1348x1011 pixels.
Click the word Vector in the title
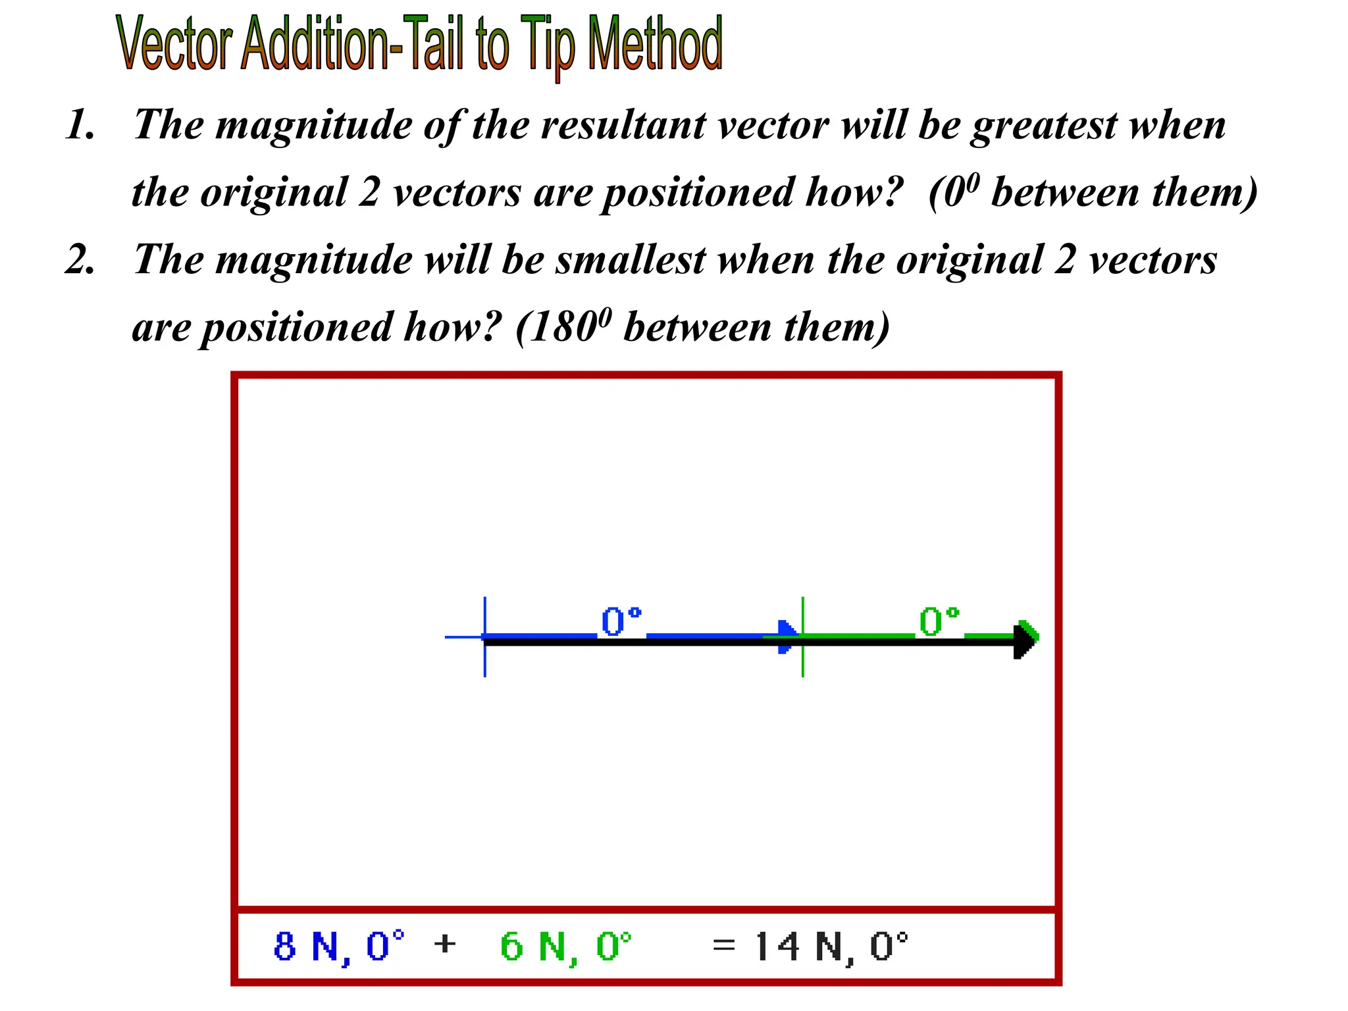pyautogui.click(x=175, y=45)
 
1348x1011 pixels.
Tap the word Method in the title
pyautogui.click(x=654, y=45)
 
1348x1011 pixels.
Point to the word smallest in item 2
pyautogui.click(x=631, y=259)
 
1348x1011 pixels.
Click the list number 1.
pyautogui.click(x=80, y=124)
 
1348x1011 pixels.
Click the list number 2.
pyautogui.click(x=80, y=259)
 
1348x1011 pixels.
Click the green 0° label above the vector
pyautogui.click(x=939, y=622)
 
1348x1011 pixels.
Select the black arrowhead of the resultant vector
pyautogui.click(x=1024, y=642)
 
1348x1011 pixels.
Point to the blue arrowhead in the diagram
pyautogui.click(x=786, y=636)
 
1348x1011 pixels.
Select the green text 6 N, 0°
pyautogui.click(x=565, y=946)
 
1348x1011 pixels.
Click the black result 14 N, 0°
pyautogui.click(x=831, y=946)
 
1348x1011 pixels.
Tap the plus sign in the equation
pyautogui.click(x=445, y=944)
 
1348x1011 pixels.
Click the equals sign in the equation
pyautogui.click(x=723, y=945)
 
